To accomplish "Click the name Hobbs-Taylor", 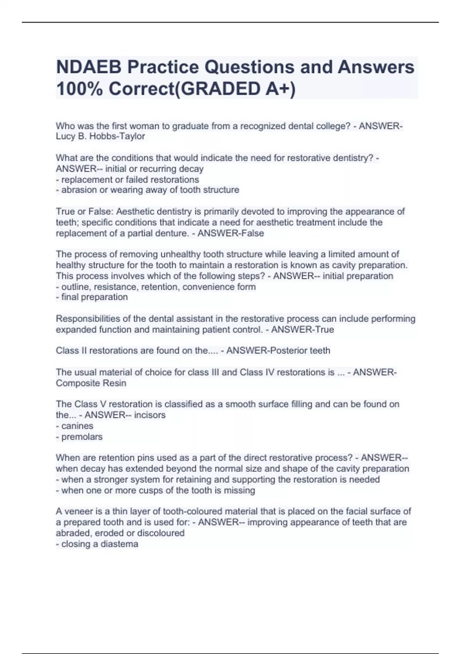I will (x=117, y=137).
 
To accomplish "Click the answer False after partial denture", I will (x=253, y=234).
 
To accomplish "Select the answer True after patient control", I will (x=324, y=330).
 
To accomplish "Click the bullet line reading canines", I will (x=77, y=426).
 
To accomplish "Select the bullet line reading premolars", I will (x=82, y=437).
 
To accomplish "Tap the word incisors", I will (x=150, y=415).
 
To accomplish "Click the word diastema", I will (x=119, y=544).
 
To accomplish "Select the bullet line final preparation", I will (x=94, y=297).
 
